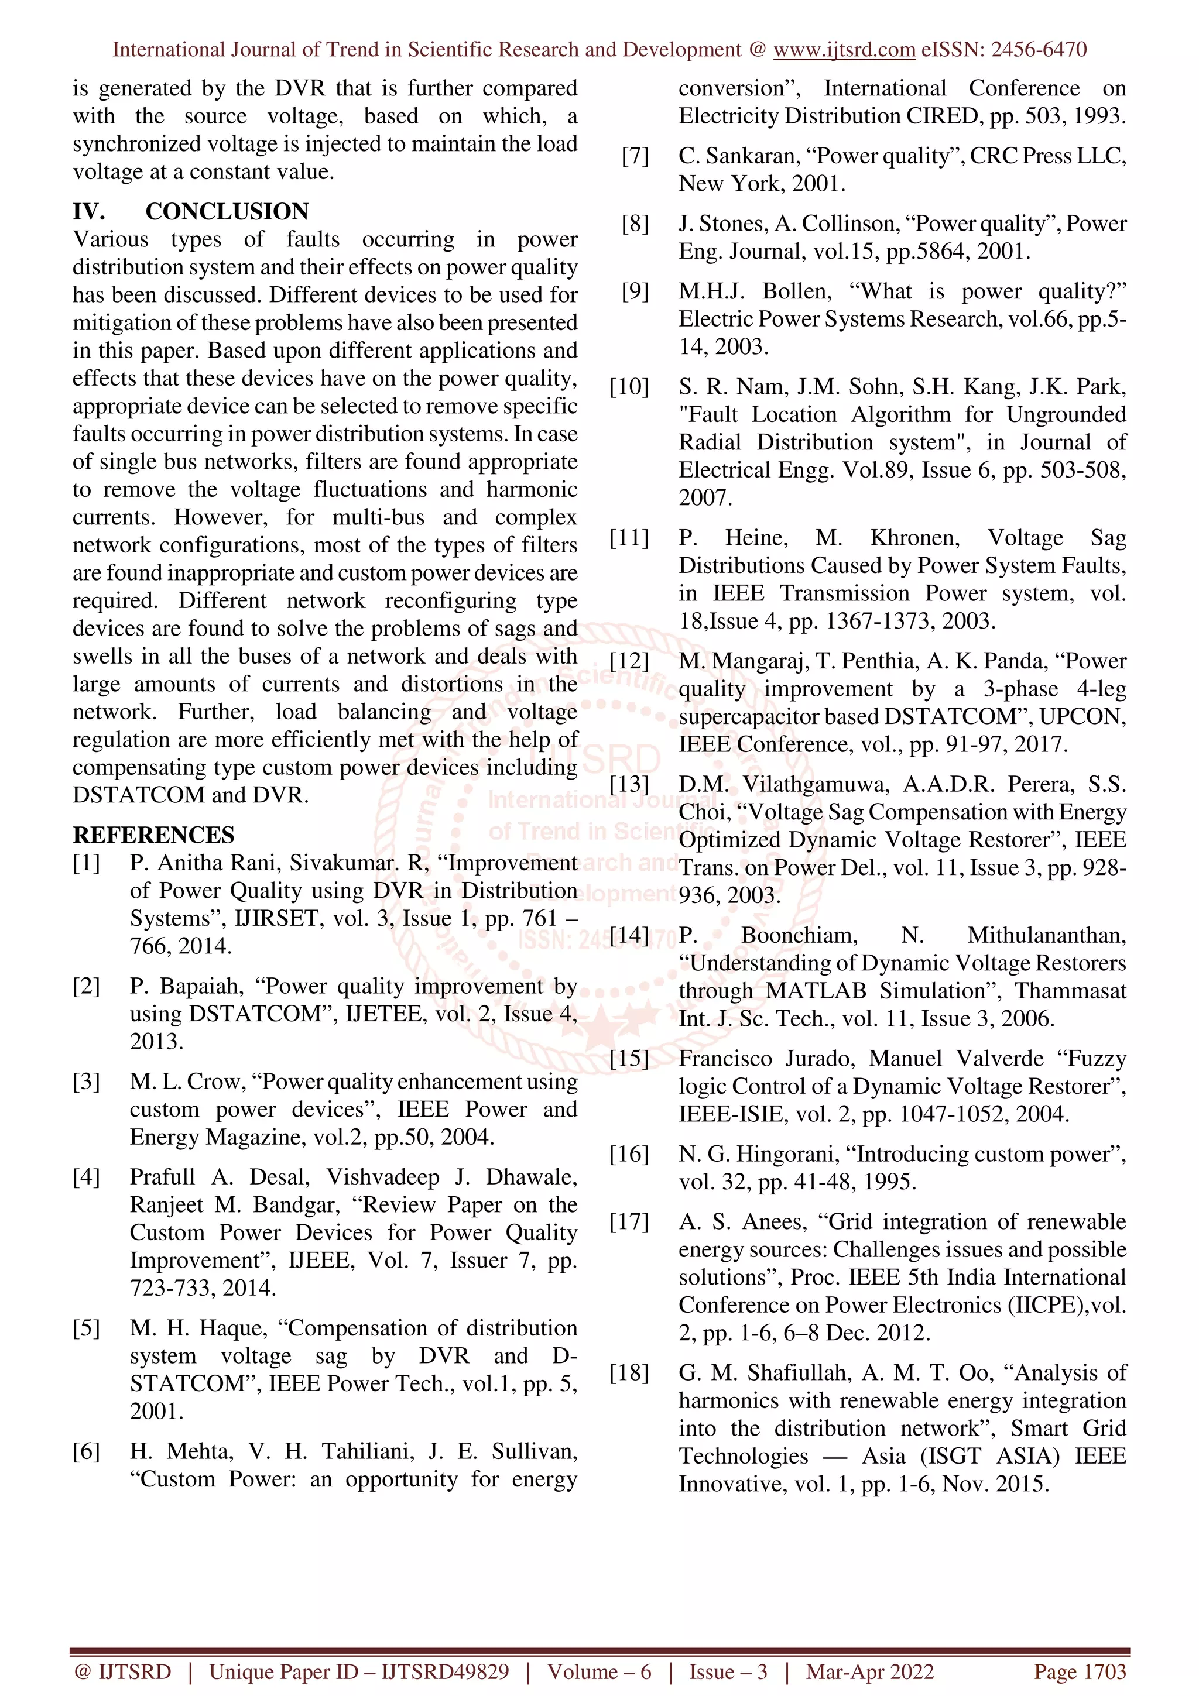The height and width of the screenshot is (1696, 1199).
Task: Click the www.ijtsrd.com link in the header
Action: tap(844, 50)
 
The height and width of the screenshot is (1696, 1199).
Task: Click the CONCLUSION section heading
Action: tap(227, 211)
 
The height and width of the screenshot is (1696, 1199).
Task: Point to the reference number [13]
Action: tap(629, 784)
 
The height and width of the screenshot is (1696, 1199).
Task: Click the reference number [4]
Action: tap(87, 1177)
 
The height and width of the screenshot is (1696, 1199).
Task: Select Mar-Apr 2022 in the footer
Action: tap(869, 1671)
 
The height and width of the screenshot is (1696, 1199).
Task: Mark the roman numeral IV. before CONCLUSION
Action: tap(88, 211)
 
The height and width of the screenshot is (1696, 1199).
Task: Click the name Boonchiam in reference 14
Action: tap(799, 935)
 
